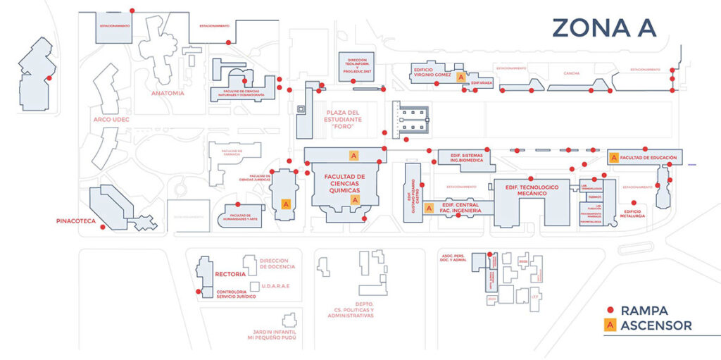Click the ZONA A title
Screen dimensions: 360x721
[603, 27]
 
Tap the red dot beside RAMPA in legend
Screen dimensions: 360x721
[611, 310]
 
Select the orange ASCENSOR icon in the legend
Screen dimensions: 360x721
[611, 325]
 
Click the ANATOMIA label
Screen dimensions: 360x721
[168, 93]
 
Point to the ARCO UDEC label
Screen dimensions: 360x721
[112, 120]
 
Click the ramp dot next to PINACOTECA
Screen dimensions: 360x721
[103, 227]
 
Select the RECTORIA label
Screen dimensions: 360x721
[230, 273]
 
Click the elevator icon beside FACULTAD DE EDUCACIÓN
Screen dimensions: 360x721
[613, 158]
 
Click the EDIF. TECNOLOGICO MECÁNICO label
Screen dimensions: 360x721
[532, 190]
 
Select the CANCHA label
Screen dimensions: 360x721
[571, 73]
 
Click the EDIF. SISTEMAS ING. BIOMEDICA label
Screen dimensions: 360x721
[463, 157]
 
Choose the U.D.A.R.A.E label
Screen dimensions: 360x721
[275, 285]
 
